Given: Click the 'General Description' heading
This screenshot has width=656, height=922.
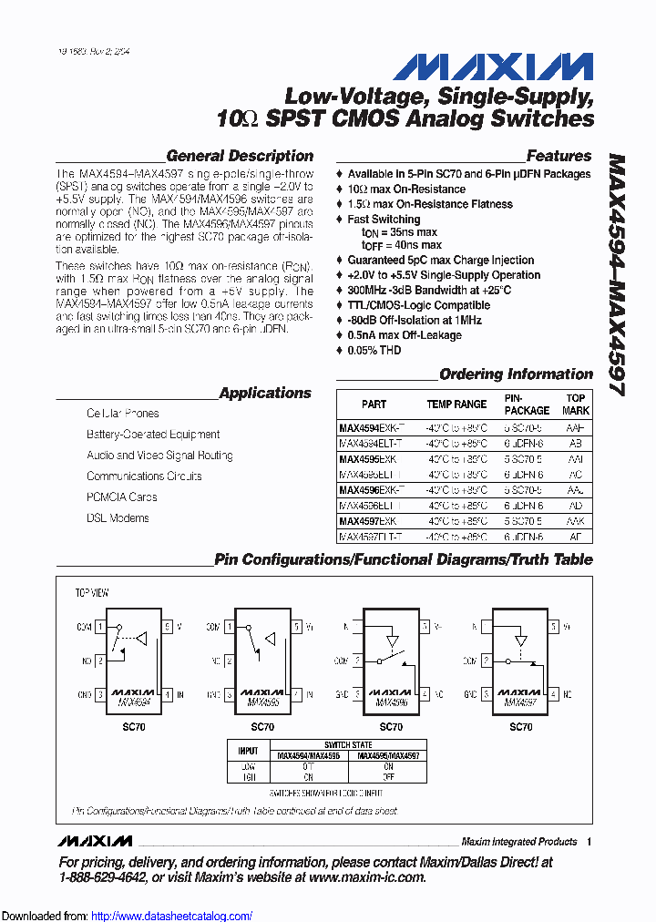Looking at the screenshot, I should [240, 156].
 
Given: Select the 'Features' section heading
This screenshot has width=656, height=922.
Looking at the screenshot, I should [559, 156].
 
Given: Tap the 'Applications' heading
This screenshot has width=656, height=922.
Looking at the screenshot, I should [265, 393].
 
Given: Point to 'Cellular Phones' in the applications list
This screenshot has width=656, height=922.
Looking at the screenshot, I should [122, 414].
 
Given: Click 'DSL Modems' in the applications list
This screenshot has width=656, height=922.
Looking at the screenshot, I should [118, 518].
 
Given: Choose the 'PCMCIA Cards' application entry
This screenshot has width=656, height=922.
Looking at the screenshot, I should [121, 497].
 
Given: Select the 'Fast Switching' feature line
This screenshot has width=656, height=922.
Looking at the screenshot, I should [384, 220].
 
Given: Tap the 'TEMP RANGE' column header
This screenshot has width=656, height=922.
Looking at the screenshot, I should [456, 405].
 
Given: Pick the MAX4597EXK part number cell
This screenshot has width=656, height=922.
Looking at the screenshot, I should [367, 522].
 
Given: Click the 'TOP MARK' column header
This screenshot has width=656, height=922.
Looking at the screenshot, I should [575, 405].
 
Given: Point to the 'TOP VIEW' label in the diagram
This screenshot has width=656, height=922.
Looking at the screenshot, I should [92, 593].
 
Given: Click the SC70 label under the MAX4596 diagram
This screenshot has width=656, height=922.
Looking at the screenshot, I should [391, 727].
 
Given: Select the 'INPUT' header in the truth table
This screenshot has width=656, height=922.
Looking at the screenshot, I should [248, 750].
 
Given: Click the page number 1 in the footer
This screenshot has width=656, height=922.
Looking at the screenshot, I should [589, 842].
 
